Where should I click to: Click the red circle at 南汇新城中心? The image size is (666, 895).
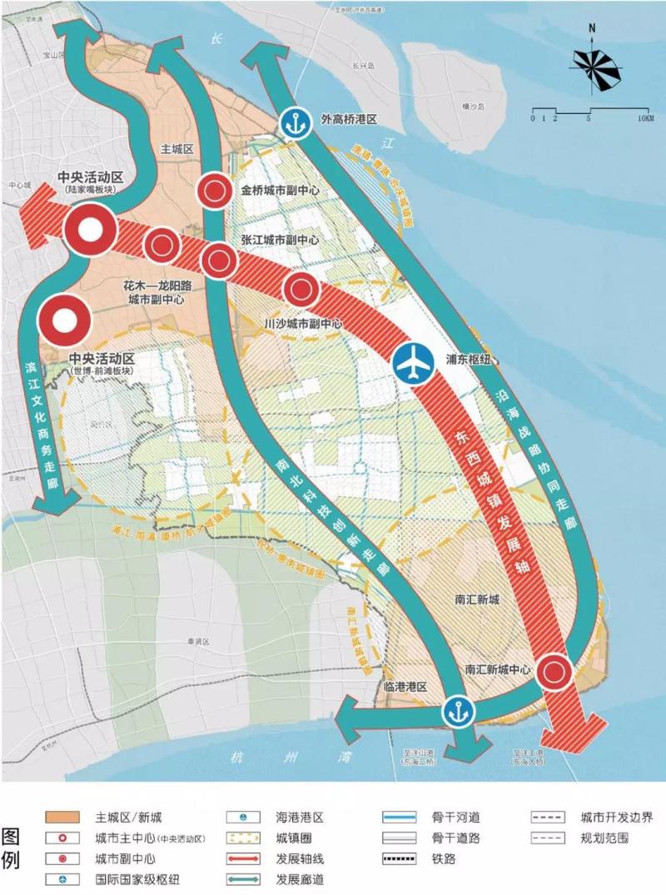554,671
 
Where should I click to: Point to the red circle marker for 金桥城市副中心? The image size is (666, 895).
214,191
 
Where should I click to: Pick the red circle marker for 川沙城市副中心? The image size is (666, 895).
300,290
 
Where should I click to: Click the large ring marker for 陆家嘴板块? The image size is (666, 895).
90,230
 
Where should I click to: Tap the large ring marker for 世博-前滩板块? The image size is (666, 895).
63,321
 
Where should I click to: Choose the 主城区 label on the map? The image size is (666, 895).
176,149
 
